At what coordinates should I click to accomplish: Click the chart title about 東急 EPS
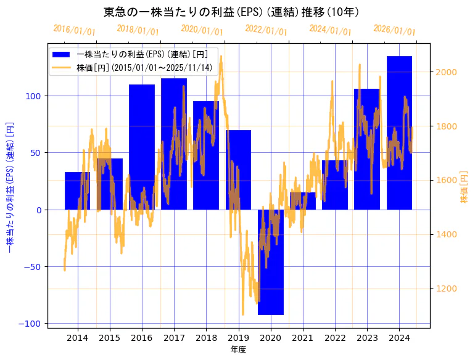(231, 12)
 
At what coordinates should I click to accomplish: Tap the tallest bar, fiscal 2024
(399, 133)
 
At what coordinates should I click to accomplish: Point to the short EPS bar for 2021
(303, 201)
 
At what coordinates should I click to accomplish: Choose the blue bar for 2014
(77, 190)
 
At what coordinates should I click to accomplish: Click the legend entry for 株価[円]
(144, 67)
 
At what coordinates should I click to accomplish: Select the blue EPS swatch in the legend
(62, 54)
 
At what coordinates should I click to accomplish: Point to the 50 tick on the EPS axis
(36, 153)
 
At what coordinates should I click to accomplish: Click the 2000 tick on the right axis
(448, 72)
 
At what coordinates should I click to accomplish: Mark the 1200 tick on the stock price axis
(448, 288)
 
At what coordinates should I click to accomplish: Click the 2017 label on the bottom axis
(174, 338)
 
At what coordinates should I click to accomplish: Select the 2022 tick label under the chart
(335, 338)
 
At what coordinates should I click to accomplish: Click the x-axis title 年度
(238, 350)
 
